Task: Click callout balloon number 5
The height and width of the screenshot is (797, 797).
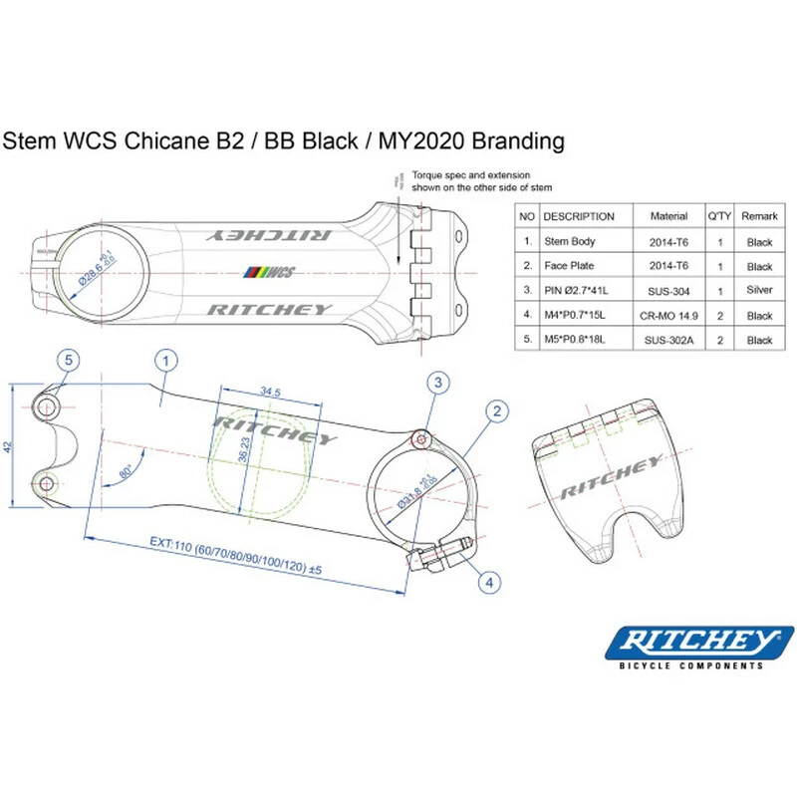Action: [68, 359]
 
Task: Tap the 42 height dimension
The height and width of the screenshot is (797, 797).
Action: [10, 448]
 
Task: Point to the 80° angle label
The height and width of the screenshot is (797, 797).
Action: [127, 471]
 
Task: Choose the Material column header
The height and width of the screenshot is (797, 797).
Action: [668, 216]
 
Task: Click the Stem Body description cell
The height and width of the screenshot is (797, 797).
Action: [570, 242]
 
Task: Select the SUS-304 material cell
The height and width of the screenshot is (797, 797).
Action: [668, 291]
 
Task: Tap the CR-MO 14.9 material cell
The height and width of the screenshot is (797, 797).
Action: [668, 316]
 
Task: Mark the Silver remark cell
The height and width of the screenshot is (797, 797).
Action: [759, 291]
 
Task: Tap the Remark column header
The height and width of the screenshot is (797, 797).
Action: [759, 216]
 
